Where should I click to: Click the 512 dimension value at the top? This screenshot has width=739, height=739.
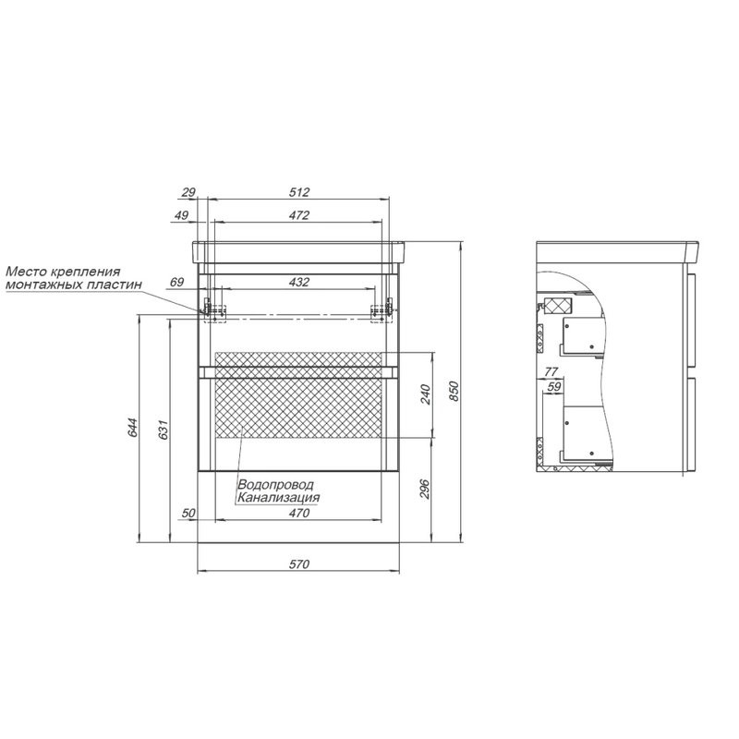click(x=299, y=192)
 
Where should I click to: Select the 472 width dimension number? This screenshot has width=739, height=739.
click(x=299, y=215)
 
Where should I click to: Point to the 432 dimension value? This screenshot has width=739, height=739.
click(x=299, y=282)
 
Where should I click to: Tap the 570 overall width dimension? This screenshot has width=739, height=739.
click(x=299, y=563)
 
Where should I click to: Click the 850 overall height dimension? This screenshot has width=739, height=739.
click(x=454, y=391)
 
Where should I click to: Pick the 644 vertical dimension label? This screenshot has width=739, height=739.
click(x=133, y=428)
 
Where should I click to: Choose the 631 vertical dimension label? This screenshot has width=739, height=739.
click(x=163, y=429)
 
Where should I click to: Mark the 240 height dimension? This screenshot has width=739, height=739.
click(x=425, y=394)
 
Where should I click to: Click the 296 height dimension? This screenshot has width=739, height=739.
click(x=425, y=490)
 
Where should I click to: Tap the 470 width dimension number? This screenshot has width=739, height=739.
click(x=299, y=513)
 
